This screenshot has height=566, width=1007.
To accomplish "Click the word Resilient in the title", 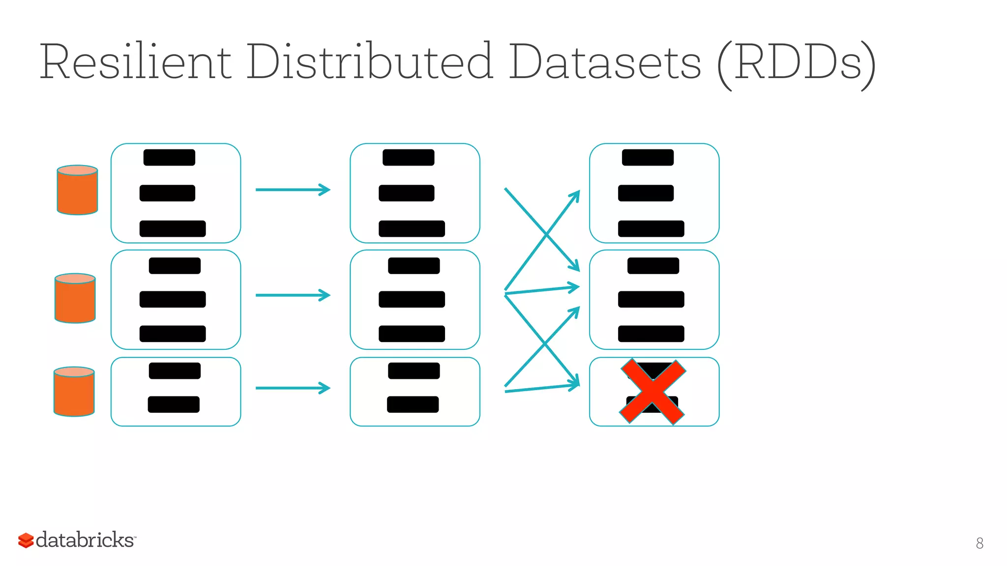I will click(x=135, y=62).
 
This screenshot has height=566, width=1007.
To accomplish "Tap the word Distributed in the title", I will click(x=369, y=62).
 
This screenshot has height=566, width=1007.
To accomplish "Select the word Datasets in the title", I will click(x=605, y=62).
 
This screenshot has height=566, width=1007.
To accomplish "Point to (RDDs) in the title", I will click(x=797, y=64).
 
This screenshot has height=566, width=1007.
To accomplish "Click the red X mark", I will click(x=652, y=392).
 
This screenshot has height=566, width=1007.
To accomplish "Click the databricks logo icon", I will click(x=26, y=540).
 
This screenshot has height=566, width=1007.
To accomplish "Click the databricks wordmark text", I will click(x=85, y=540).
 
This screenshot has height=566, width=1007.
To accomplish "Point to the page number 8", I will click(x=979, y=543).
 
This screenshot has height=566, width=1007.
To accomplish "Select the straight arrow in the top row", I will click(x=293, y=190).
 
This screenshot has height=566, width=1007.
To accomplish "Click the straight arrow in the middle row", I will click(x=293, y=295).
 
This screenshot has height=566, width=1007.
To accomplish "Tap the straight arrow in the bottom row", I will click(x=293, y=388).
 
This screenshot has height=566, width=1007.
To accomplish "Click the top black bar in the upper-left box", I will click(x=169, y=157).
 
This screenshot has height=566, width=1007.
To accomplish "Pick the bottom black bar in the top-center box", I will click(x=412, y=229).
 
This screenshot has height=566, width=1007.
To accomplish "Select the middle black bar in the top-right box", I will click(x=646, y=193).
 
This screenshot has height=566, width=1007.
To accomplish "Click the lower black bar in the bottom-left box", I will click(x=174, y=404).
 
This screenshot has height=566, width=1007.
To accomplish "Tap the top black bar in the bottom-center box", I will click(x=414, y=370).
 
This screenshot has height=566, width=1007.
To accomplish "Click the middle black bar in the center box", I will click(x=412, y=299).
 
